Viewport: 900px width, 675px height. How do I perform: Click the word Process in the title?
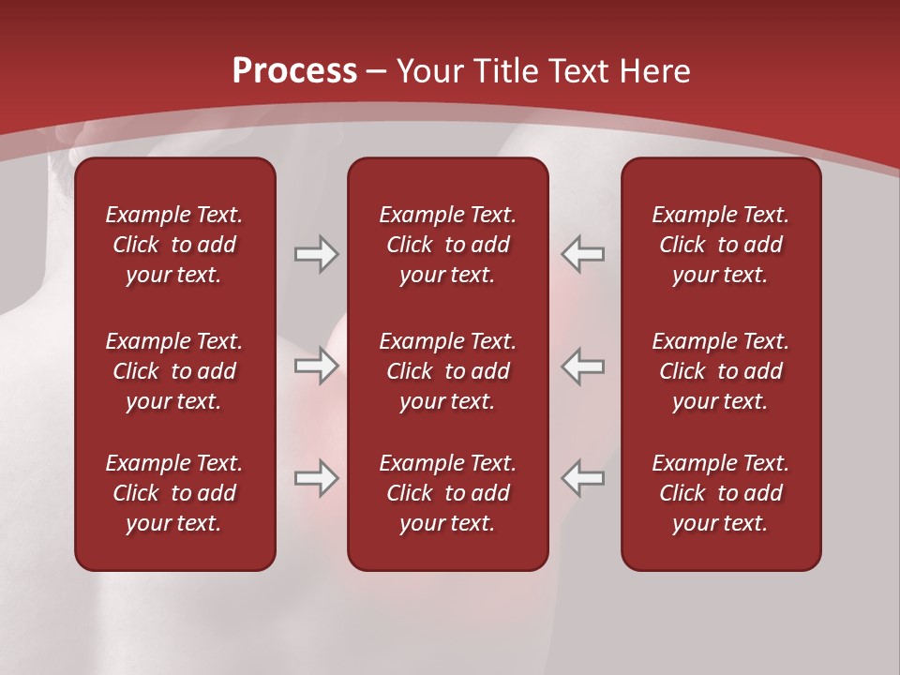click(x=294, y=71)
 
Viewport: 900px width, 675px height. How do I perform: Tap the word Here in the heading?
click(x=656, y=71)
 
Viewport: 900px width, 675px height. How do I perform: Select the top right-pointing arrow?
click(x=316, y=254)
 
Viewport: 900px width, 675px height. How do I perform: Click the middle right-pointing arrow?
click(x=316, y=366)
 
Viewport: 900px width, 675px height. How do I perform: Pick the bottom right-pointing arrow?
click(x=316, y=478)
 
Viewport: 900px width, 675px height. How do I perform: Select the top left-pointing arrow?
click(x=583, y=254)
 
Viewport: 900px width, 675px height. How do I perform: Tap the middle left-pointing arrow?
click(x=583, y=366)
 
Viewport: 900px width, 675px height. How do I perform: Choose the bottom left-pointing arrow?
click(x=583, y=478)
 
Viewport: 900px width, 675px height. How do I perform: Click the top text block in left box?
click(x=174, y=245)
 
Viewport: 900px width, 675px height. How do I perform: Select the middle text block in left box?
click(x=174, y=371)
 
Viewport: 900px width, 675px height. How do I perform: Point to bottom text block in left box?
click(x=174, y=493)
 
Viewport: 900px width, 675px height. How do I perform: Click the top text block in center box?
click(x=447, y=245)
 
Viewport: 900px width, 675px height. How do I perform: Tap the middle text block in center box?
click(x=447, y=371)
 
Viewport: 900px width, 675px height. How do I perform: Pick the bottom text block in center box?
click(x=447, y=493)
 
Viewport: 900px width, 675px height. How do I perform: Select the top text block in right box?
click(x=720, y=245)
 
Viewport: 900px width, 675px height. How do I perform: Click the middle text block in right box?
click(x=720, y=371)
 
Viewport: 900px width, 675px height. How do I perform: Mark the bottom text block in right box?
click(x=720, y=493)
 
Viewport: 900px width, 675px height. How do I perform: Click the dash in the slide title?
click(x=376, y=72)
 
